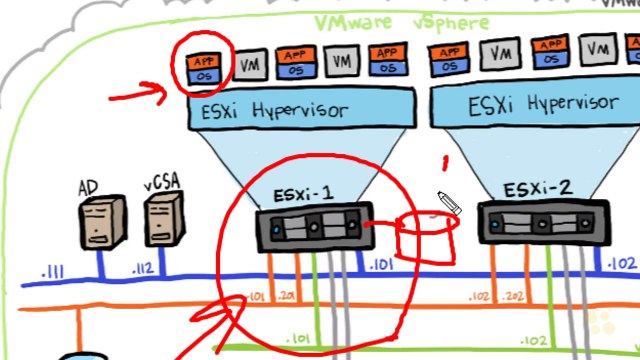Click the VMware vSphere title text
point(401,22)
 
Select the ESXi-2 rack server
point(541,223)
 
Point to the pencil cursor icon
point(447,203)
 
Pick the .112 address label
point(144,270)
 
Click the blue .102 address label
point(620,265)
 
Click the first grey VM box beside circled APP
point(252,65)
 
